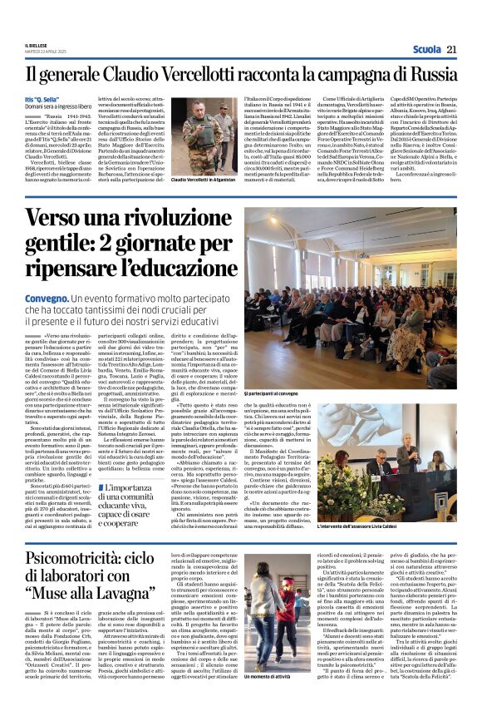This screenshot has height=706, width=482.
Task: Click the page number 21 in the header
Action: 452,50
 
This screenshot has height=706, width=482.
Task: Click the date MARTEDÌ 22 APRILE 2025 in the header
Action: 42,54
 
